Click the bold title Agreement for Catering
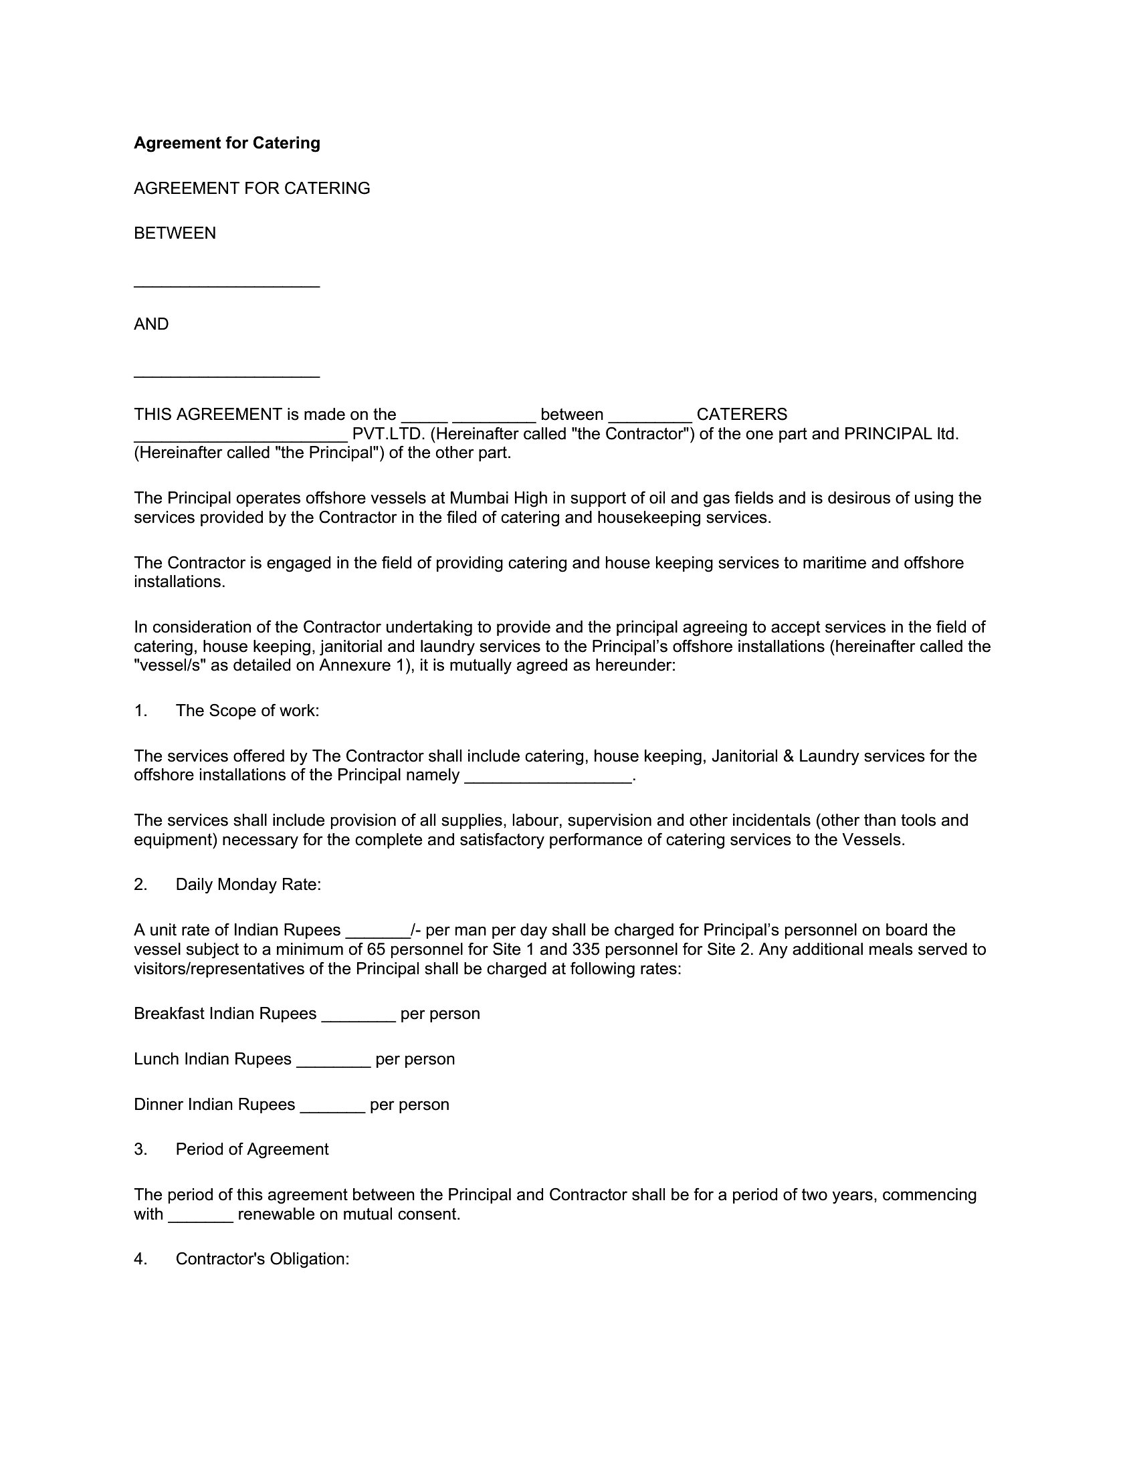tap(227, 143)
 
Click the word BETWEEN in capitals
tap(175, 233)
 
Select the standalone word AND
tap(151, 324)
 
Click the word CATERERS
tap(741, 415)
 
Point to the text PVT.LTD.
tap(389, 434)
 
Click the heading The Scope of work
tap(247, 711)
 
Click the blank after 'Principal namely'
tap(548, 777)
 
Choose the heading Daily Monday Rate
tap(248, 885)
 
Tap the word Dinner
tap(159, 1104)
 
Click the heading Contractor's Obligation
tap(262, 1259)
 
